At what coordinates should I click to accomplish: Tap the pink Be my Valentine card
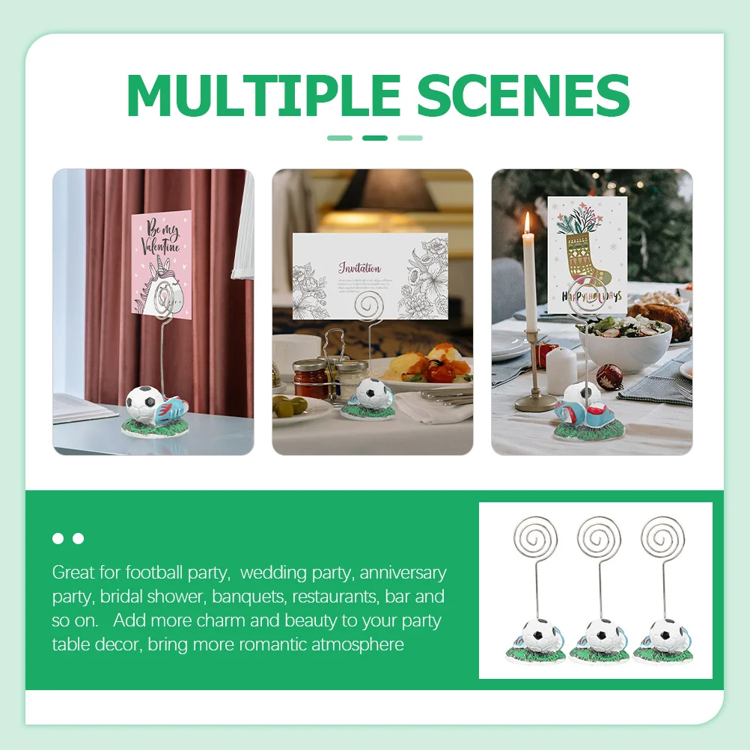pyautogui.click(x=162, y=262)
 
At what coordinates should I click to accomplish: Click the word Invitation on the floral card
pyautogui.click(x=359, y=267)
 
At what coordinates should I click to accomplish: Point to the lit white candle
pyautogui.click(x=529, y=269)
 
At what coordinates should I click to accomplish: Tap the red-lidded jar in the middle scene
pyautogui.click(x=310, y=379)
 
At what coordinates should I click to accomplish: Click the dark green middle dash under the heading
pyautogui.click(x=375, y=138)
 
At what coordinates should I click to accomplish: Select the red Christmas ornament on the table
pyautogui.click(x=609, y=377)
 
